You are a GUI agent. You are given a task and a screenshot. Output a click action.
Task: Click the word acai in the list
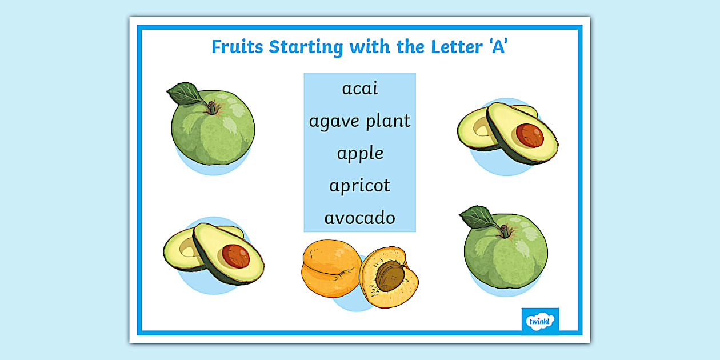(360, 89)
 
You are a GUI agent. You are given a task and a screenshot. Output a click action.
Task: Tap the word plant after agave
(388, 121)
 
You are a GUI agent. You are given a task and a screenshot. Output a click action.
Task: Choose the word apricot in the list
(360, 186)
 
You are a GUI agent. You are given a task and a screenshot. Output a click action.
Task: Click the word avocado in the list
(360, 218)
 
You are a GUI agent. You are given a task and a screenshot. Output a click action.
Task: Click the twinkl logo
(540, 320)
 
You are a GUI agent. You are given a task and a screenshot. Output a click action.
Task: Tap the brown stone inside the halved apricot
(390, 277)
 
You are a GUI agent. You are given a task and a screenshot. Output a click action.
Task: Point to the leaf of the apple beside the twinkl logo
(478, 217)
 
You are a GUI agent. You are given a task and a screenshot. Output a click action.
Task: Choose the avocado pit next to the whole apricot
(236, 256)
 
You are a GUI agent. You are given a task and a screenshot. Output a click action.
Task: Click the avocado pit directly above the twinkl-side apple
(530, 135)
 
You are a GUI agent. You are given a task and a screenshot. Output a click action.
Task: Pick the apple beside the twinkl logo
(506, 251)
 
